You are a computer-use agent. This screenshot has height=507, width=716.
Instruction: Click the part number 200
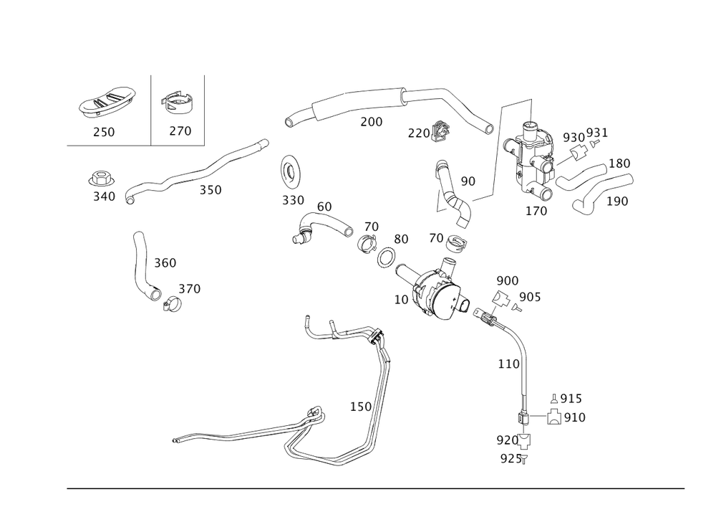[371, 122]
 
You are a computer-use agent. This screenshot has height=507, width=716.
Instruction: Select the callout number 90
[468, 182]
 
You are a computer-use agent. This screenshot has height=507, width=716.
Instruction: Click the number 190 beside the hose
[618, 201]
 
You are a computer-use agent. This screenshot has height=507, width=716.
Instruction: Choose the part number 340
[104, 195]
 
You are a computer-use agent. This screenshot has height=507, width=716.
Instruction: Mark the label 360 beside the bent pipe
[165, 263]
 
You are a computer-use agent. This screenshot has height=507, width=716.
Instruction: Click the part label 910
[575, 417]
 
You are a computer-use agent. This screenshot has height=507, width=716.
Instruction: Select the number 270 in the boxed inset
[180, 131]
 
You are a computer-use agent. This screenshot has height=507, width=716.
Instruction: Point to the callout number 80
[401, 238]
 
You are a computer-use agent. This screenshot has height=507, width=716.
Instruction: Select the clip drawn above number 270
[175, 103]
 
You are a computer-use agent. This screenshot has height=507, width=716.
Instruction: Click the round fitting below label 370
[171, 305]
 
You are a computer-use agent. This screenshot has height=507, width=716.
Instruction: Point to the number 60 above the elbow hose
[324, 207]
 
